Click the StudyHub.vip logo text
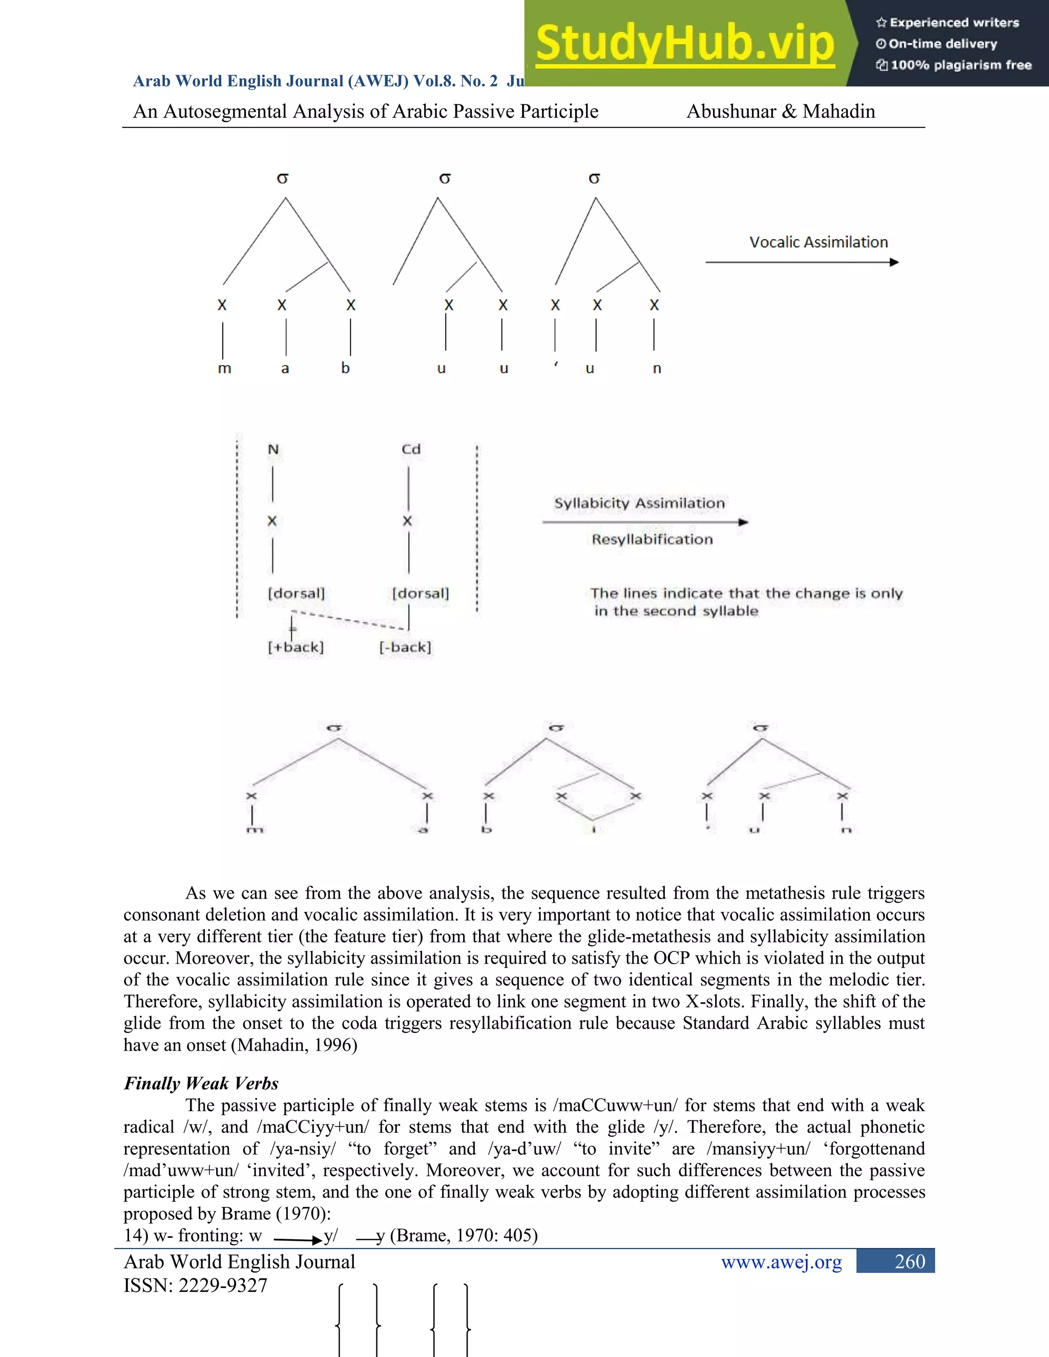point(684,44)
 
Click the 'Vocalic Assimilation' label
point(818,242)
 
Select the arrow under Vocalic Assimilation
point(802,262)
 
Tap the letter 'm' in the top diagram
point(224,369)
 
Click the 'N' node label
point(273,449)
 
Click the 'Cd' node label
point(411,449)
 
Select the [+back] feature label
point(296,647)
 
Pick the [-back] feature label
point(405,647)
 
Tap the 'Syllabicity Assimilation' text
point(639,503)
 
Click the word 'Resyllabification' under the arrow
point(652,539)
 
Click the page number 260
point(909,1261)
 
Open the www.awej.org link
point(781,1262)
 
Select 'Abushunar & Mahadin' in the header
point(781,112)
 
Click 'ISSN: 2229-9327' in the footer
point(195,1285)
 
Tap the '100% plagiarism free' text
point(960,65)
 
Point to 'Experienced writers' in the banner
point(954,23)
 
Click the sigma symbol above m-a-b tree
point(283,179)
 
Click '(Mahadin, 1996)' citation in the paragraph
point(294,1045)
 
